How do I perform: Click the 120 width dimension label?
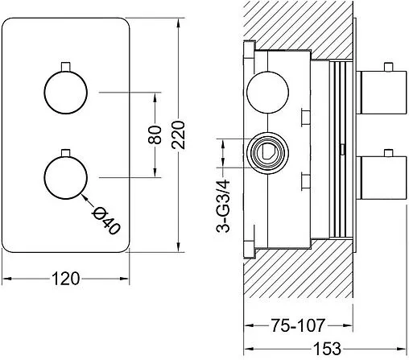66,279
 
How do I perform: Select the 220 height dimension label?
179,135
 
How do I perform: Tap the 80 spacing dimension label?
155,134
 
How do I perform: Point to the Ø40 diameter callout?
106,221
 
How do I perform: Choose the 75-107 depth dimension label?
298,325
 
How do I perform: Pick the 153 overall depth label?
327,349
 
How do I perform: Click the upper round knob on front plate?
66,93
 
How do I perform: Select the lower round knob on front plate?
66,177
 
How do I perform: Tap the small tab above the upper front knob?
66,67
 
